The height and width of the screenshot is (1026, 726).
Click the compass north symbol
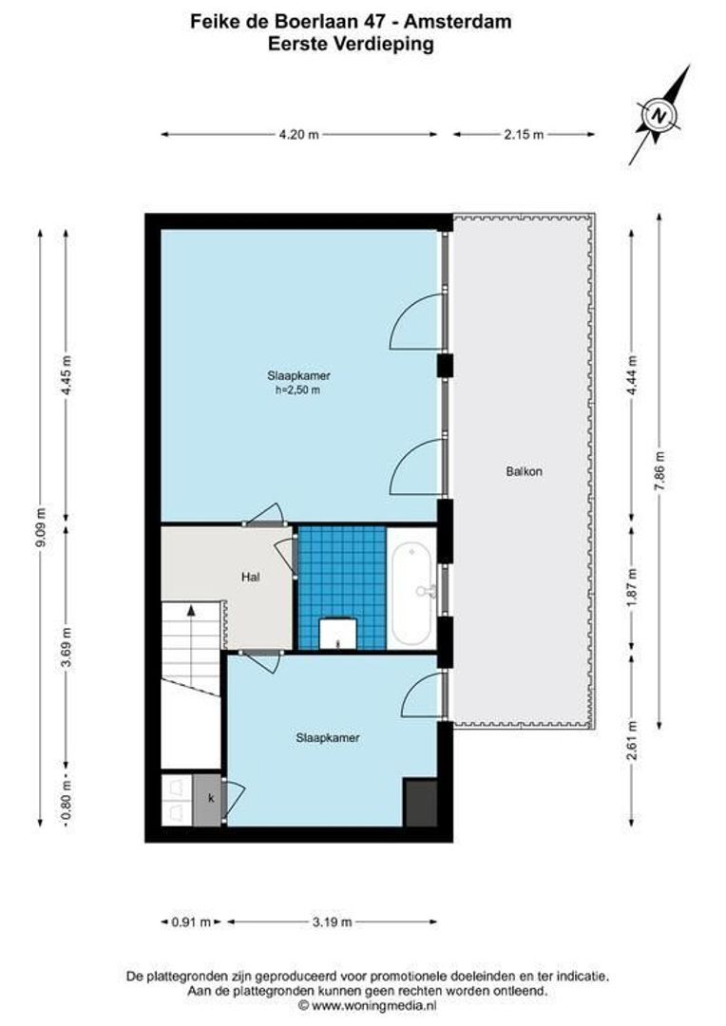point(659,116)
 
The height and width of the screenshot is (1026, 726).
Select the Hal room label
point(251,577)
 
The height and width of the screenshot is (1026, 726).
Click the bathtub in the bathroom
point(411,589)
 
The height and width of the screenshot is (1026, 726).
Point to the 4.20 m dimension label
point(298,135)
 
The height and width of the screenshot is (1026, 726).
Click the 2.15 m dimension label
point(524,135)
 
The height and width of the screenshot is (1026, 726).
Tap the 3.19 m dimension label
point(332,921)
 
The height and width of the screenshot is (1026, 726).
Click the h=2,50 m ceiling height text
point(297,389)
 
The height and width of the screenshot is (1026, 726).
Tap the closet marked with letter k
point(210,798)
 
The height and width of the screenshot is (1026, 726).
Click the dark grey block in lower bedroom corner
point(419,803)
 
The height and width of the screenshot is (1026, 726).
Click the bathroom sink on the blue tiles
point(338,633)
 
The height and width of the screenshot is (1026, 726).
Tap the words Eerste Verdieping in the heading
point(363,44)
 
